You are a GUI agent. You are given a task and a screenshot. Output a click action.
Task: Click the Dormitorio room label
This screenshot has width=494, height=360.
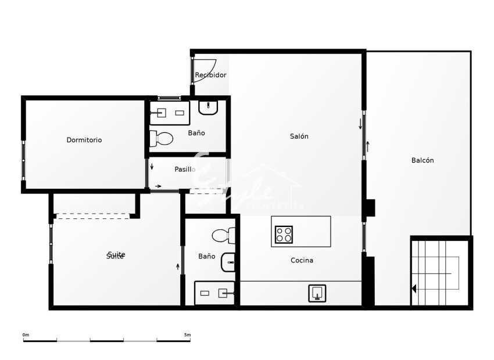click(84, 140)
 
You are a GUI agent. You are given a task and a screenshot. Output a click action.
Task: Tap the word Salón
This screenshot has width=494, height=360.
click(299, 136)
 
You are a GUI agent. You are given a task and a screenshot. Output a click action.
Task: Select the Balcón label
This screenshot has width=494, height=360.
click(423, 160)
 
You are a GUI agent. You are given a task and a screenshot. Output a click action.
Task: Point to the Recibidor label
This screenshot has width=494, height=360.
click(210, 75)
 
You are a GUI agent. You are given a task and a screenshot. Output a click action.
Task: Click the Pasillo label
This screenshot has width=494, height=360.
click(185, 170)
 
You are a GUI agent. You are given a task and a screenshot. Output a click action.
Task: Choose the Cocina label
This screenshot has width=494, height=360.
click(302, 260)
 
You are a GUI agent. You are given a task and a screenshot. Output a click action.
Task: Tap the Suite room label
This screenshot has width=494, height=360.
click(116, 255)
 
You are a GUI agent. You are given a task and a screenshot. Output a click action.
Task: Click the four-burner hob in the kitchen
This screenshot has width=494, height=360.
click(284, 234)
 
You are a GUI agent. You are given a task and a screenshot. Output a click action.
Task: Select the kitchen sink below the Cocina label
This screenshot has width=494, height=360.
click(317, 293)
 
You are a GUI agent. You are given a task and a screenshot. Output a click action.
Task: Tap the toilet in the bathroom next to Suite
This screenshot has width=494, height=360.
click(224, 236)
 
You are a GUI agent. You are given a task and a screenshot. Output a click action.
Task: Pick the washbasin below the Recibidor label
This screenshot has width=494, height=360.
click(207, 107)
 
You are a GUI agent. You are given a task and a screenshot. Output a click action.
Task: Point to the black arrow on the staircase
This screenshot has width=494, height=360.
click(414, 289)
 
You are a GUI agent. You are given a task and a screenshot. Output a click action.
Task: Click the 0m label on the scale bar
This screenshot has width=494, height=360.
click(26, 335)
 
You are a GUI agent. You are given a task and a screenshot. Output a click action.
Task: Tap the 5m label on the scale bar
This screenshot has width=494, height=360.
click(187, 335)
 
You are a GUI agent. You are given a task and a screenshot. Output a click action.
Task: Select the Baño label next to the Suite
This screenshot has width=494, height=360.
click(206, 256)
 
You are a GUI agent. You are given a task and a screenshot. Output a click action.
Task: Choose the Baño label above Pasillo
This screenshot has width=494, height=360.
click(196, 133)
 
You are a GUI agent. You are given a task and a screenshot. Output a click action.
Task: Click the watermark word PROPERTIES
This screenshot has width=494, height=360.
click(275, 206)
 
